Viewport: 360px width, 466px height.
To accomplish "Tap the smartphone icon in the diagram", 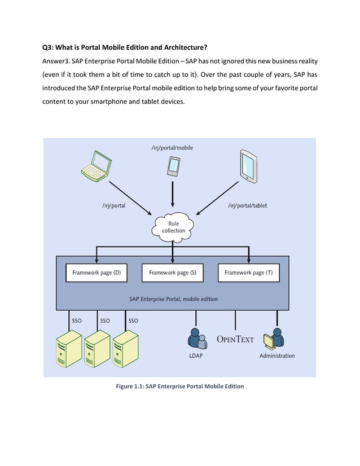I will pyautogui.click(x=173, y=165).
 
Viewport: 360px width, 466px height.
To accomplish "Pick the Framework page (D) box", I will pyautogui.click(x=96, y=272).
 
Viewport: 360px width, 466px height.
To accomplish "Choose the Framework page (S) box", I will pyautogui.click(x=173, y=272).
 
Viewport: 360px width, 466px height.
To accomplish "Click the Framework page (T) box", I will pyautogui.click(x=248, y=272).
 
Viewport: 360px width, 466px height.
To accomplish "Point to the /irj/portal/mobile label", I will pyautogui.click(x=172, y=148).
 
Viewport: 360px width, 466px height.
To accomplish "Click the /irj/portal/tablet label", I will pyautogui.click(x=247, y=205).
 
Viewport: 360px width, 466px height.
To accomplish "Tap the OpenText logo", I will pyautogui.click(x=235, y=339).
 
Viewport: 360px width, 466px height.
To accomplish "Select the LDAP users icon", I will pyautogui.click(x=196, y=338).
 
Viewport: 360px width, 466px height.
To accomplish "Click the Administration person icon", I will pyautogui.click(x=276, y=338).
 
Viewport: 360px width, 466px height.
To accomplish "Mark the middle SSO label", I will pyautogui.click(x=105, y=320).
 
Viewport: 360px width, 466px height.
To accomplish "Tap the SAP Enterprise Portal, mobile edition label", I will pyautogui.click(x=173, y=299).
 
